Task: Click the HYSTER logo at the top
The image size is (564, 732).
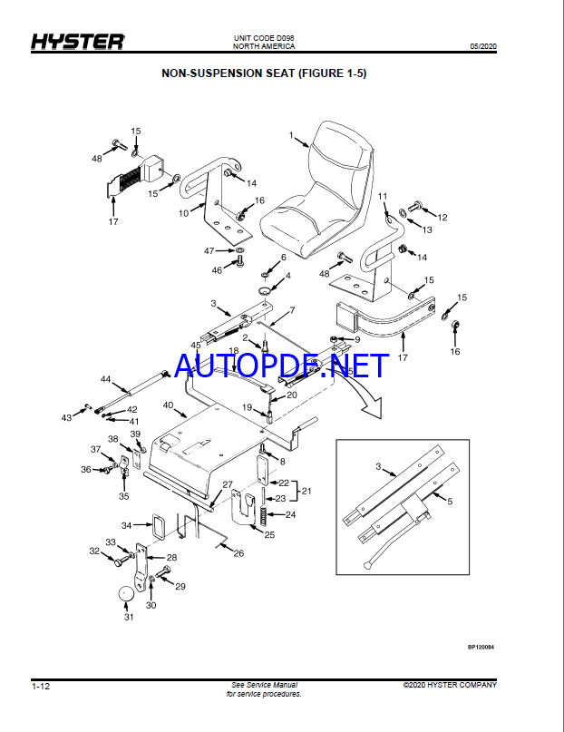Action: click(x=77, y=42)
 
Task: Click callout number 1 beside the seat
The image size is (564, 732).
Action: click(x=291, y=135)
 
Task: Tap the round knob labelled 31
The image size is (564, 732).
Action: click(x=125, y=594)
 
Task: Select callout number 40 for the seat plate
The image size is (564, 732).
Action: click(x=168, y=405)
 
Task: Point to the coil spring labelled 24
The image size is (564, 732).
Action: click(x=264, y=515)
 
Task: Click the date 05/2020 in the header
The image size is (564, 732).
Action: click(x=482, y=46)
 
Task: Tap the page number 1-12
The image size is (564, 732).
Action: click(x=41, y=687)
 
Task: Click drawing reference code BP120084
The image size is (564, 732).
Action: click(x=481, y=647)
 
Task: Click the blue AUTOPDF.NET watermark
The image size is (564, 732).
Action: click(x=281, y=365)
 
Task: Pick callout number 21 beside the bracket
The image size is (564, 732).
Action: click(x=306, y=491)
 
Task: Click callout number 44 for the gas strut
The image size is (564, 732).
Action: click(x=106, y=379)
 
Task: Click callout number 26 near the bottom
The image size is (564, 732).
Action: click(x=238, y=553)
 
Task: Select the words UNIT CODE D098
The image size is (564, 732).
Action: click(x=264, y=38)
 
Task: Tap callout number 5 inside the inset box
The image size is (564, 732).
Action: click(x=450, y=502)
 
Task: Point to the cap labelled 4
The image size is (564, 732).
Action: click(x=266, y=292)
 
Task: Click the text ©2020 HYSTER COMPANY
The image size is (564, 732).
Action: click(x=450, y=685)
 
